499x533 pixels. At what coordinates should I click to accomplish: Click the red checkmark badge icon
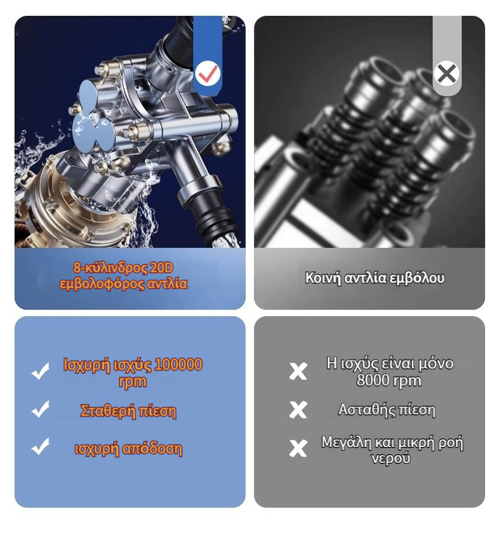pos(208,73)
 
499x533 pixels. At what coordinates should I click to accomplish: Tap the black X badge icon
pos(447,73)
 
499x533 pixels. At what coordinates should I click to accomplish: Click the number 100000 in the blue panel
pos(178,364)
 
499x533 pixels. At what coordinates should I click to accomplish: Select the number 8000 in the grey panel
pos(372,381)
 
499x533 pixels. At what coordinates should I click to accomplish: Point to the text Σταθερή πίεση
pos(128,410)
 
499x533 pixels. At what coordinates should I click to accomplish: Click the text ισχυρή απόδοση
pos(128,449)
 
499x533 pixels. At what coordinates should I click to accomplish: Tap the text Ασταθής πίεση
pos(387,410)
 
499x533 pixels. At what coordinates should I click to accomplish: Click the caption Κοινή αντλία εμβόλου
pos(375,278)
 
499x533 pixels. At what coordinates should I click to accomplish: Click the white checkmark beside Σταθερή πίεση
pos(40,409)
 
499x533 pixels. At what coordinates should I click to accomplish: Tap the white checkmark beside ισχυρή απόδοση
pos(40,446)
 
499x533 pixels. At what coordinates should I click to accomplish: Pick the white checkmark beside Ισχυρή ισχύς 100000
pos(40,371)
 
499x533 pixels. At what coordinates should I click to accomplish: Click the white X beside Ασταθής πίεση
pos(298,410)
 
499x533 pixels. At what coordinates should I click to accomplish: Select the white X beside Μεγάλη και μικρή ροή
pos(298,448)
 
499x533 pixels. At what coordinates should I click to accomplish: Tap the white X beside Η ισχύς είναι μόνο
pos(298,371)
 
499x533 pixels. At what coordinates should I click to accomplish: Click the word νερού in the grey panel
pos(390,458)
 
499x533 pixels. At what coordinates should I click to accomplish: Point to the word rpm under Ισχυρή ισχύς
pos(133,382)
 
